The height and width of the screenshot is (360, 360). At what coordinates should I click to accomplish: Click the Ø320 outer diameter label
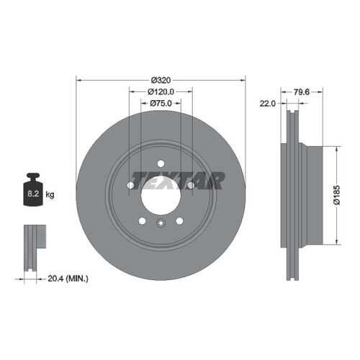coord(161,80)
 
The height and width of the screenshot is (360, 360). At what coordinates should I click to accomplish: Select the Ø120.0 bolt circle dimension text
coord(161,91)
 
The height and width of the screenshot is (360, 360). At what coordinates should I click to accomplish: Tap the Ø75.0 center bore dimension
coord(161,104)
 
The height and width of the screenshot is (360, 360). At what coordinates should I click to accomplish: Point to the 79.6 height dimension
coord(302,92)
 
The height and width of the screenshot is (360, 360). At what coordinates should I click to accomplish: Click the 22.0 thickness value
coord(268,104)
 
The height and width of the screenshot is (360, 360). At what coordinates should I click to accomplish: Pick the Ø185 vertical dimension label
coord(337,195)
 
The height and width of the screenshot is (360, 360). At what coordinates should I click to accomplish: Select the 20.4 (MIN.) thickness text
coord(68,279)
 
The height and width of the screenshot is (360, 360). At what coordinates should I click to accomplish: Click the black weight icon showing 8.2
coord(33,189)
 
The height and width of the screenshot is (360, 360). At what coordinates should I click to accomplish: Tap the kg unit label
coord(50,194)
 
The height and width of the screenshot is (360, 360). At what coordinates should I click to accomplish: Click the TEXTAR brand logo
coord(178,181)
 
